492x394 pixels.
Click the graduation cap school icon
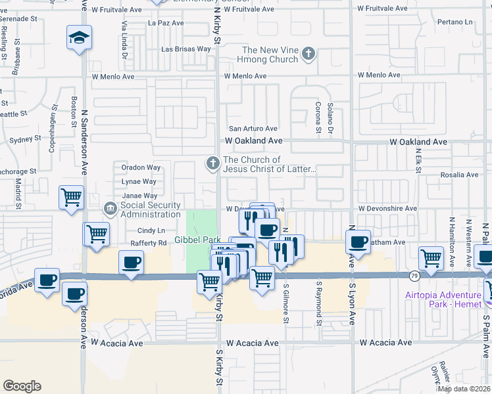[x=79, y=37]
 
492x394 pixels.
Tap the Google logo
[x=22, y=385]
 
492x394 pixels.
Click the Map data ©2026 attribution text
[x=464, y=389]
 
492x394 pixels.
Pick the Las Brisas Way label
[x=186, y=49]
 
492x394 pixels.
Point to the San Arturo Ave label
[x=253, y=129]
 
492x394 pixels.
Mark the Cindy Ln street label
[x=151, y=230]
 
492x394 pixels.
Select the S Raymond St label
[x=318, y=303]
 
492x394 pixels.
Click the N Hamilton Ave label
[x=451, y=238]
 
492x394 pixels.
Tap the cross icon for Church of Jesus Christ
[x=212, y=162]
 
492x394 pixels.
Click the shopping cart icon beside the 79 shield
[x=431, y=258]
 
